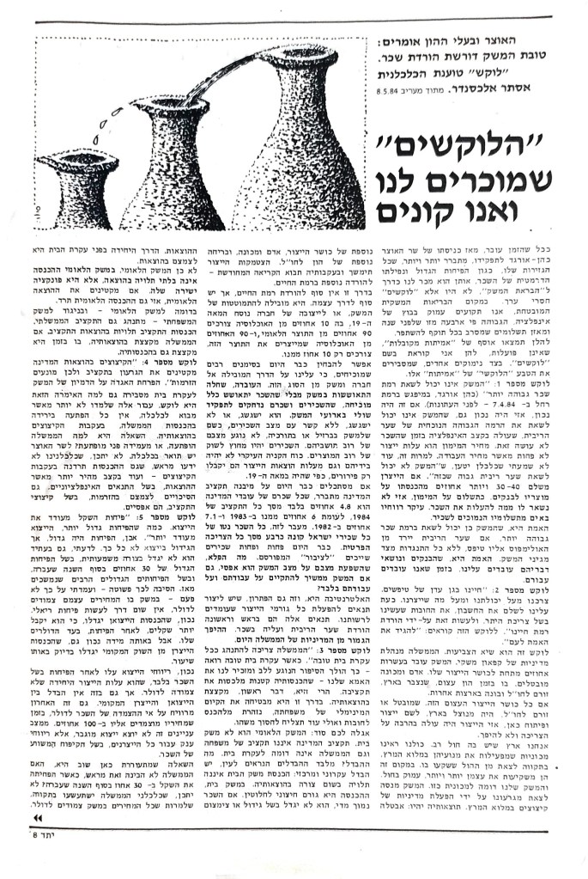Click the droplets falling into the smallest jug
[x=91, y=129]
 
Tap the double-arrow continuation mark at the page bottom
[x=42, y=841]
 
